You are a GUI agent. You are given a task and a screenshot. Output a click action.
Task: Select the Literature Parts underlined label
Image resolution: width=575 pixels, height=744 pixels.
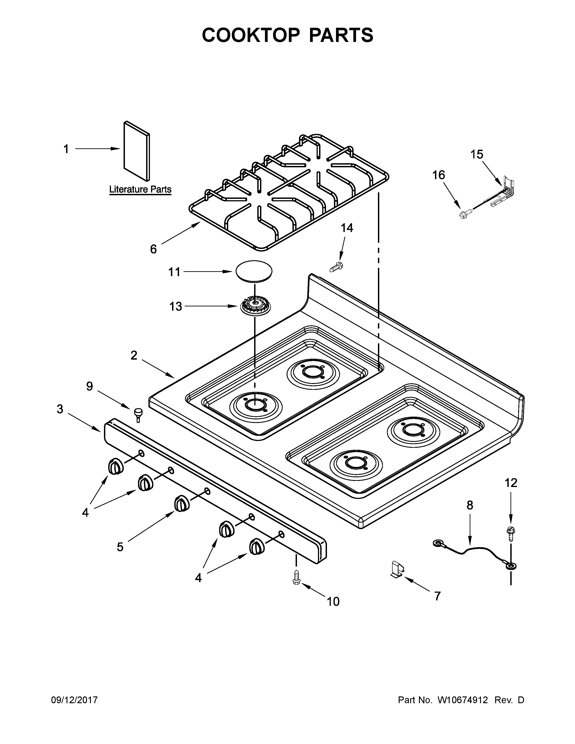(140, 189)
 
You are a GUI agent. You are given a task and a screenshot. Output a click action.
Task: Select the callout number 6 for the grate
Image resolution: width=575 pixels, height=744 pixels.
(153, 249)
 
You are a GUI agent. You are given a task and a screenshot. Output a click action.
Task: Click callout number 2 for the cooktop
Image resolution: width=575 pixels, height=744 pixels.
(134, 355)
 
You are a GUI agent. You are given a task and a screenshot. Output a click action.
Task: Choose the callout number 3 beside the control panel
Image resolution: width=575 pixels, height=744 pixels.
(60, 409)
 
